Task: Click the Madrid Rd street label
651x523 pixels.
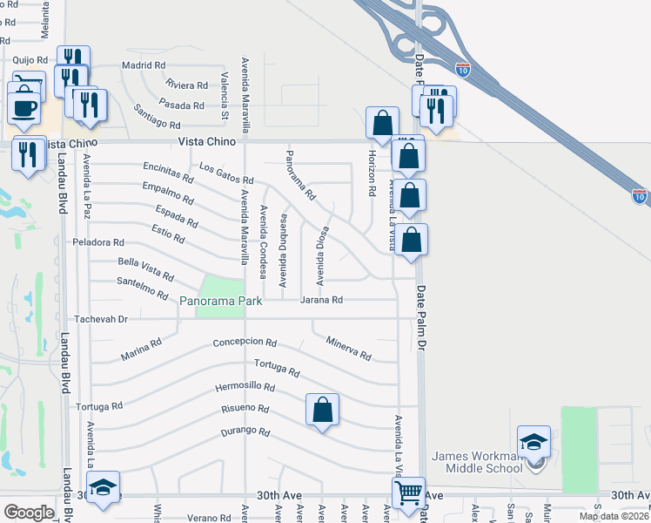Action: [144, 65]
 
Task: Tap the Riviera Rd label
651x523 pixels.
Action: [186, 85]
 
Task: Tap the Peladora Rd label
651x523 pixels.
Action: [98, 242]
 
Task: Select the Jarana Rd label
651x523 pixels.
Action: [321, 300]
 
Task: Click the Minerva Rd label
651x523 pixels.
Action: [348, 349]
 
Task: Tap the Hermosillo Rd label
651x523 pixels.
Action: [245, 387]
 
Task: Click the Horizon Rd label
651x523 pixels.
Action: [372, 172]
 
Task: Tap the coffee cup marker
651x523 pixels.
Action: [24, 109]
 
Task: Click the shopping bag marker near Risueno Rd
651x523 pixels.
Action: [322, 409]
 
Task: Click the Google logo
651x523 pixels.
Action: [29, 513]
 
